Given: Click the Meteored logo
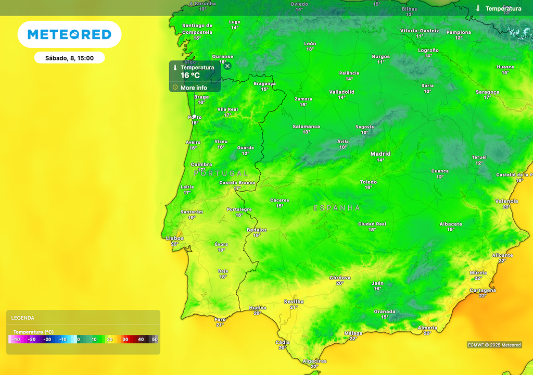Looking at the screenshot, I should (x=69, y=34).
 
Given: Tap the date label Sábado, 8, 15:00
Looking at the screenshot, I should (x=69, y=58).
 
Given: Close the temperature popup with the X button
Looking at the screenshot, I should (x=227, y=66).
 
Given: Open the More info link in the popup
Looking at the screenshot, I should (x=194, y=87).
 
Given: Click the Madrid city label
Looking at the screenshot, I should (x=380, y=154).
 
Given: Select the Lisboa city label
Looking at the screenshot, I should (x=175, y=238).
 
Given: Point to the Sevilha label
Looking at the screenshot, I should (x=294, y=302).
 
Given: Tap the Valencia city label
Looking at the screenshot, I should (x=506, y=201).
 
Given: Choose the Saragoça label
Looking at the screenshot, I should (x=487, y=92).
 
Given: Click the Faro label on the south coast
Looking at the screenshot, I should (x=220, y=319).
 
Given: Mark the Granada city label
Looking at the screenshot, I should (x=385, y=311).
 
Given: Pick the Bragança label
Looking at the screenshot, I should (x=264, y=83).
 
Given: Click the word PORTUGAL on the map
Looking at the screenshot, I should (x=221, y=173).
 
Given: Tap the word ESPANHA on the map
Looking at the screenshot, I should (x=337, y=208).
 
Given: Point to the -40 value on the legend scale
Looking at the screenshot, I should (x=16, y=339).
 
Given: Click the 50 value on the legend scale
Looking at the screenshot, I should (x=155, y=339).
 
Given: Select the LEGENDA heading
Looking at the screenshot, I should (x=23, y=318).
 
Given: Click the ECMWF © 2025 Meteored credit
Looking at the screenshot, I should (x=494, y=345).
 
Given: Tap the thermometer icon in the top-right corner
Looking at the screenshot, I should (x=478, y=8).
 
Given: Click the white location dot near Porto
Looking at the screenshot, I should (x=194, y=116).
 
